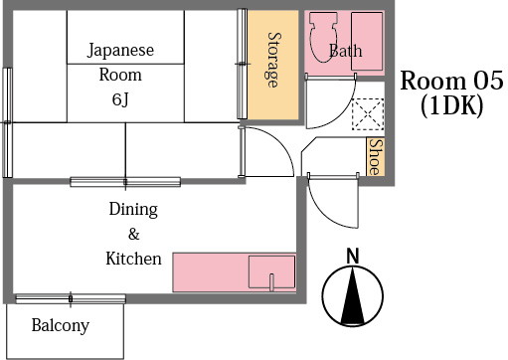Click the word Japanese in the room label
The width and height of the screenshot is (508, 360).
[120, 50]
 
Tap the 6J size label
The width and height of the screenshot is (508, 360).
[120, 99]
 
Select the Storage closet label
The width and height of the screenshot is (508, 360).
[272, 59]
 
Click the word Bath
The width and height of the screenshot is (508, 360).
[345, 51]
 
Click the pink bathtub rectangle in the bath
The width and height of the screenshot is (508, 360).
[367, 42]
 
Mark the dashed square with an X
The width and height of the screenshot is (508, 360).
[368, 114]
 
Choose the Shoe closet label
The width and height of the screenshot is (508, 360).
[375, 157]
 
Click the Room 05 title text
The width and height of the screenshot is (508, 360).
[445, 81]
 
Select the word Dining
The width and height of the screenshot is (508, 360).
[133, 210]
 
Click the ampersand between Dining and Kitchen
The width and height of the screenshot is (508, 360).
[133, 235]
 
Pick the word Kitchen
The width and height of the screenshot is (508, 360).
[133, 259]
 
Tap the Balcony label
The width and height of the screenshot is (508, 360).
[60, 325]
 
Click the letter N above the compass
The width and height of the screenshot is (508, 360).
[351, 257]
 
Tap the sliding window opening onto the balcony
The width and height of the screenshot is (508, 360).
[70, 298]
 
